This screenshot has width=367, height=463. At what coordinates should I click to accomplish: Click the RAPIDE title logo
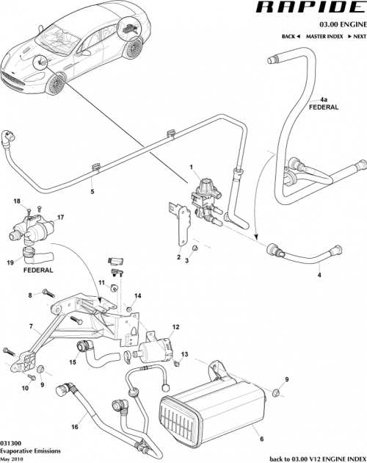[309, 10]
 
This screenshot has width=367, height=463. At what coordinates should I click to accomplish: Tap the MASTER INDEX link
[325, 36]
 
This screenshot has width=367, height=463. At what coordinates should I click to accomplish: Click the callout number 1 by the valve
[193, 169]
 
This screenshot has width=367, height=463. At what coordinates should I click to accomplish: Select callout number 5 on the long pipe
[92, 192]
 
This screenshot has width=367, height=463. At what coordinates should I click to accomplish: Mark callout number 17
[61, 217]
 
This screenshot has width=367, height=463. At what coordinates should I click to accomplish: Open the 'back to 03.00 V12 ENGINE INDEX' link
[316, 458]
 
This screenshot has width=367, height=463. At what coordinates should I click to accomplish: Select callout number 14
[137, 296]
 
